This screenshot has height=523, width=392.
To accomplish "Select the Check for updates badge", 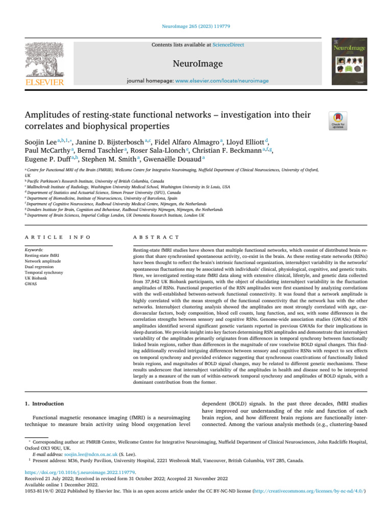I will [x=339, y=121].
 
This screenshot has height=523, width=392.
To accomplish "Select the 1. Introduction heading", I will [x=45, y=403].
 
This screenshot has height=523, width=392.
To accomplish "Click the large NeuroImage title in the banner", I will [x=195, y=63].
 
